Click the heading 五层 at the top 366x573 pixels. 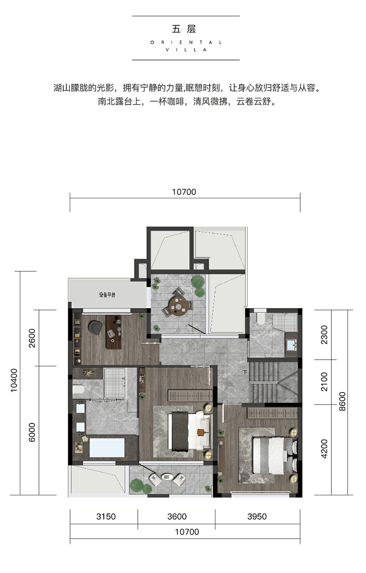tap(184, 29)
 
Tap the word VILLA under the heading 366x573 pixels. tap(186, 50)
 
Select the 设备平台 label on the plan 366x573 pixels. tap(107, 295)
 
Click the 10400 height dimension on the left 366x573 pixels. tap(14, 380)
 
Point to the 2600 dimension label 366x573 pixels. tap(32, 338)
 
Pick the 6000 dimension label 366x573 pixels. tap(32, 432)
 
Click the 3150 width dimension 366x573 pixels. tap(106, 516)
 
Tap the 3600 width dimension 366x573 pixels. tap(177, 516)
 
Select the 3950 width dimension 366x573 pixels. tap(257, 516)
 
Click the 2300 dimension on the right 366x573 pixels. tap(324, 335)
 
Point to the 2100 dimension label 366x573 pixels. tap(324, 382)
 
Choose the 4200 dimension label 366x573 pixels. tap(324, 449)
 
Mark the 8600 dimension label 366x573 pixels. tap(342, 402)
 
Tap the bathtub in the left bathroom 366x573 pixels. tap(107, 448)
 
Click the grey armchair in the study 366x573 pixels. tap(96, 327)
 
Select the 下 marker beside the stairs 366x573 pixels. tap(245, 372)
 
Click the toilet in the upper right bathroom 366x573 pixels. tap(261, 318)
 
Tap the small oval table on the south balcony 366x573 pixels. tap(167, 476)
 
